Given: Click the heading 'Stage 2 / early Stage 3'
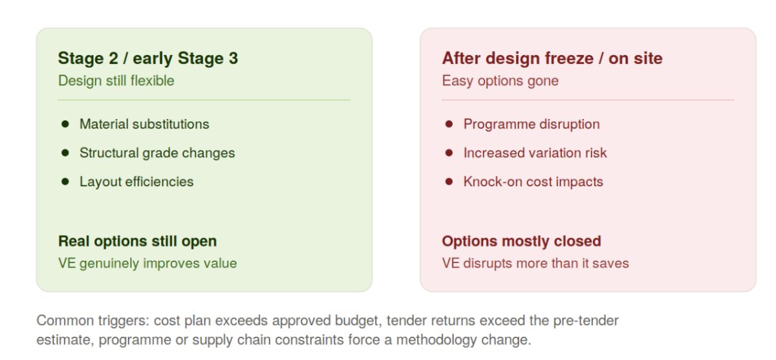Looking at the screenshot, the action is click(148, 58).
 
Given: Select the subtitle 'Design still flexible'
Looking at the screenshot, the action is click(116, 81).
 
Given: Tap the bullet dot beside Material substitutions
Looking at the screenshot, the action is click(65, 124).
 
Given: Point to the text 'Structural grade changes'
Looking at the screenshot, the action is click(157, 153).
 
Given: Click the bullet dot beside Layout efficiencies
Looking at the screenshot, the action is click(65, 182).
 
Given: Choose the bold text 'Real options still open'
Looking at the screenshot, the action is click(138, 241).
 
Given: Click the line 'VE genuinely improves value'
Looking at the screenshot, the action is click(147, 263).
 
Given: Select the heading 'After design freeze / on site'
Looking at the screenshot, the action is click(552, 58).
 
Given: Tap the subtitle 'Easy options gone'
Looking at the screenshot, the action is click(501, 81).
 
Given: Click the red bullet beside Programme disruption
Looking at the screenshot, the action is click(449, 124).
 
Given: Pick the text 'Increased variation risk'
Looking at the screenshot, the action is click(535, 153).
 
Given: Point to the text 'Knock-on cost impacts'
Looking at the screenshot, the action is click(533, 182).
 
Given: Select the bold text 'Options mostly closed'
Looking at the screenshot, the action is click(521, 241).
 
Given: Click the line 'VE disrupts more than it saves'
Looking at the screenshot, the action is click(535, 263).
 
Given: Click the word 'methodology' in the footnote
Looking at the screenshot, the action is click(436, 340).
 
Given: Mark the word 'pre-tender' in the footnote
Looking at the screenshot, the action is click(586, 321).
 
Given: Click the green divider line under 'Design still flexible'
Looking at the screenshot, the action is click(204, 100).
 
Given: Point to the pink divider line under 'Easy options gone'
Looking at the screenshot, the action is click(588, 100).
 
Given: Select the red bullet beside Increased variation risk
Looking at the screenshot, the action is click(449, 153).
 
